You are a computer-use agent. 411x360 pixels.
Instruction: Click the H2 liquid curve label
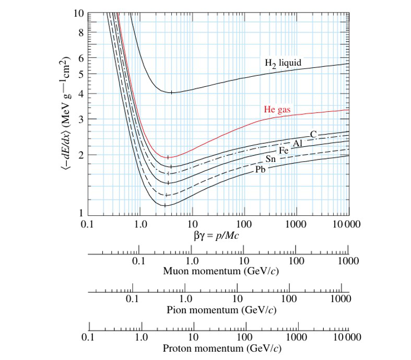click(283, 63)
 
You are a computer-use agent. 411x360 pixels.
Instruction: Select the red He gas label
click(276, 110)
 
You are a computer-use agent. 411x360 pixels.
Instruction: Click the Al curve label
click(297, 143)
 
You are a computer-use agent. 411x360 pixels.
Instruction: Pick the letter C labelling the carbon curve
click(313, 135)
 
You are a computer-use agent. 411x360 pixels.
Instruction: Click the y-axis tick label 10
click(78, 13)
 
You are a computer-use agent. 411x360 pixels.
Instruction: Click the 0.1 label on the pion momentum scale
click(133, 299)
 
